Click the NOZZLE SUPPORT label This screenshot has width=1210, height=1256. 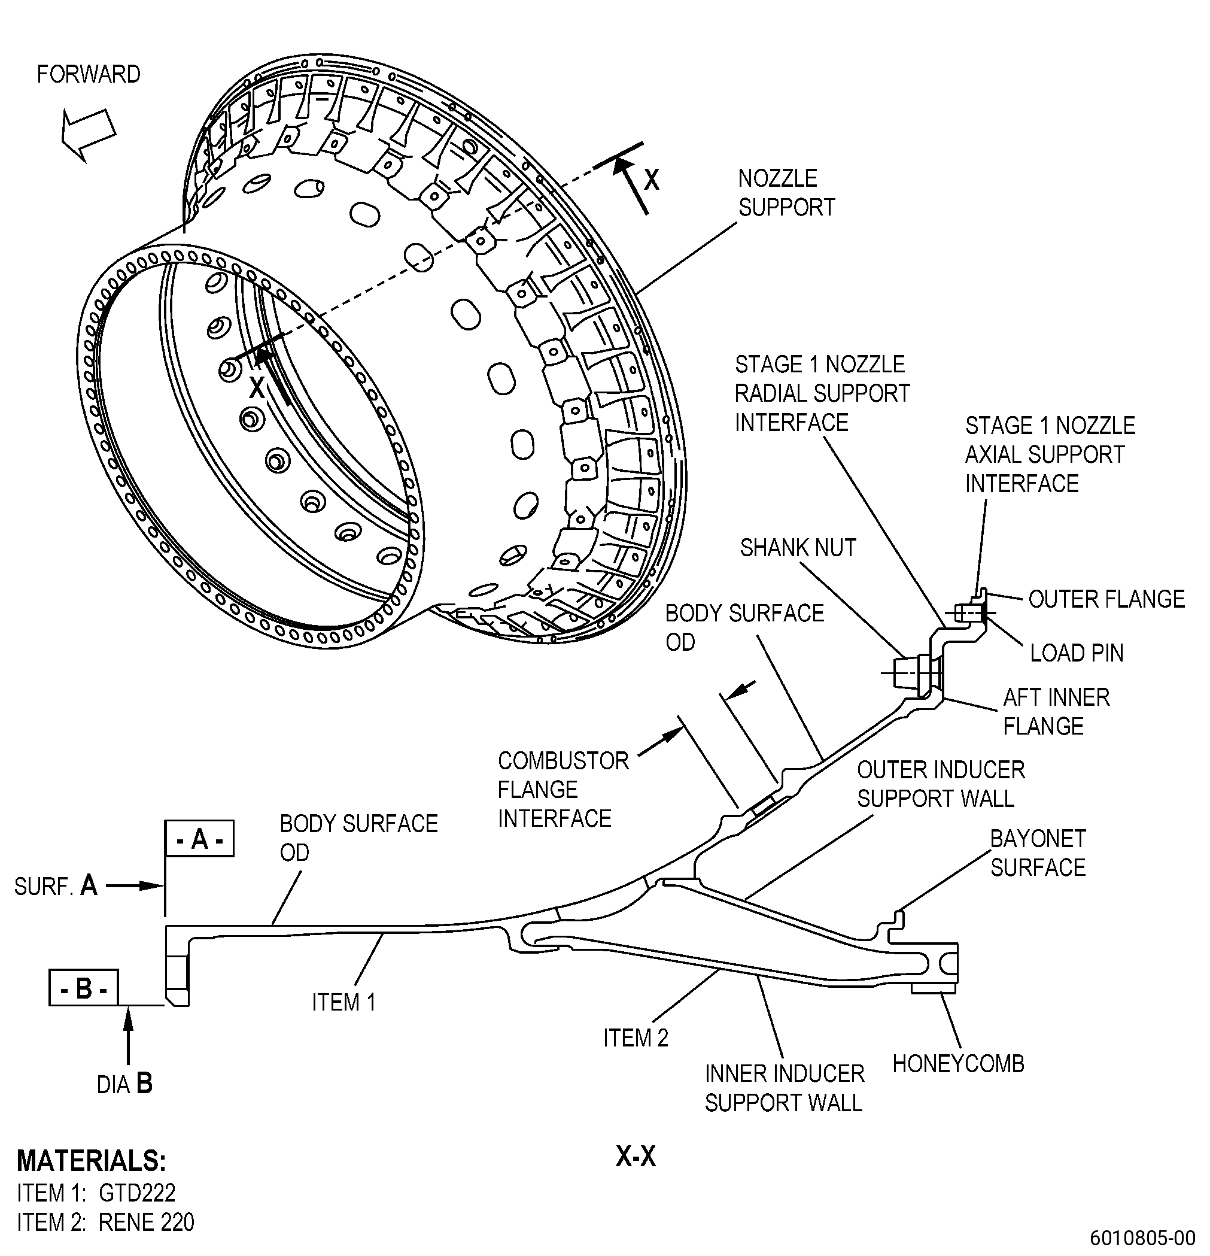(x=786, y=193)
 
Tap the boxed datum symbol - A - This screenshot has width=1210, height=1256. (x=200, y=838)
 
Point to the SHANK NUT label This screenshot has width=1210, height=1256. (x=798, y=548)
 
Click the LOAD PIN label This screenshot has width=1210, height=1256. (x=1077, y=653)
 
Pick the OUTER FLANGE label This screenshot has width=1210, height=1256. (x=1107, y=599)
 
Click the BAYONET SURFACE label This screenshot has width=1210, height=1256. (x=1038, y=853)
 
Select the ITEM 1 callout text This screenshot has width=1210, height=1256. (x=343, y=1002)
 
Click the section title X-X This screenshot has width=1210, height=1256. (x=636, y=1157)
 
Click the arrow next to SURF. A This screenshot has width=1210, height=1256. (x=135, y=886)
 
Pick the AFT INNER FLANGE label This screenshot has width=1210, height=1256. (x=1056, y=711)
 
